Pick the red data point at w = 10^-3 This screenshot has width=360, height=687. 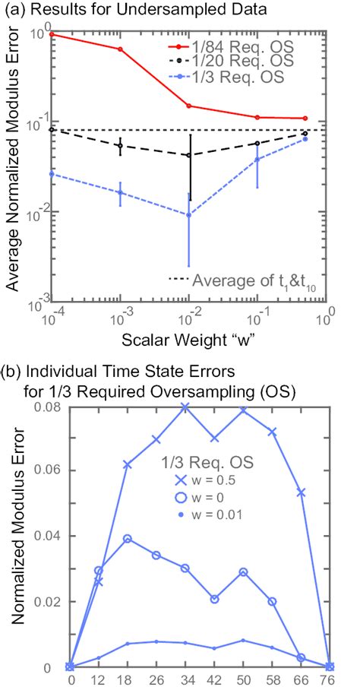coord(120,49)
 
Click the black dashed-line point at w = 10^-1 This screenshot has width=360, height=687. coord(257,143)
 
